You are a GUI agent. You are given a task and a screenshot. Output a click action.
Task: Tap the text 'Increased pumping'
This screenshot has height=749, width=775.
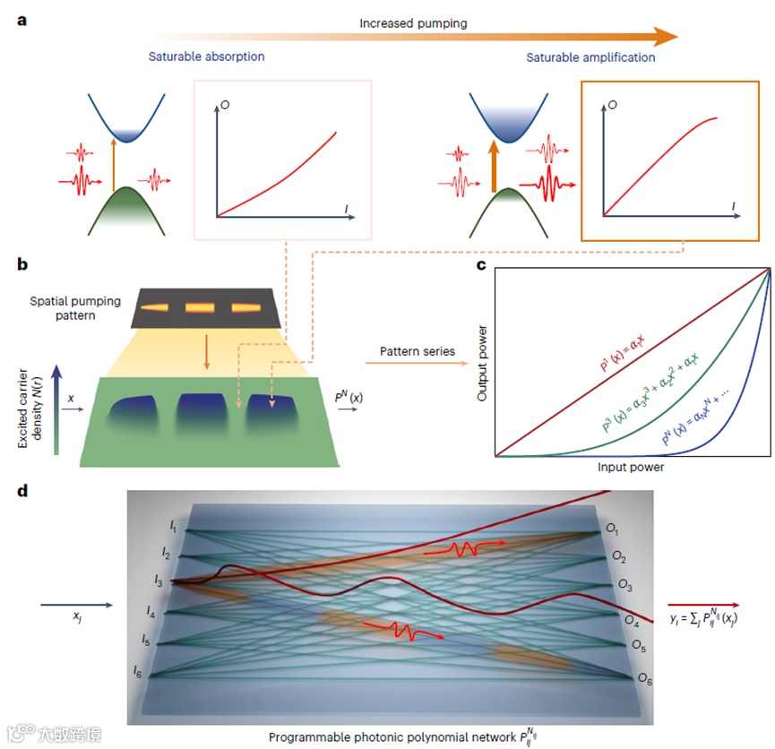413,23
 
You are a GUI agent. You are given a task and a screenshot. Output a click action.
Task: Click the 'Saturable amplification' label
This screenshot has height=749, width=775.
590,57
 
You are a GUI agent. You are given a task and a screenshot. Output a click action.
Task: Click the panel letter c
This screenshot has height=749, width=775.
481,266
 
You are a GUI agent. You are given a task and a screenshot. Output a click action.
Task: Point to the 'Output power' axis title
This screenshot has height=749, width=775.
483,360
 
